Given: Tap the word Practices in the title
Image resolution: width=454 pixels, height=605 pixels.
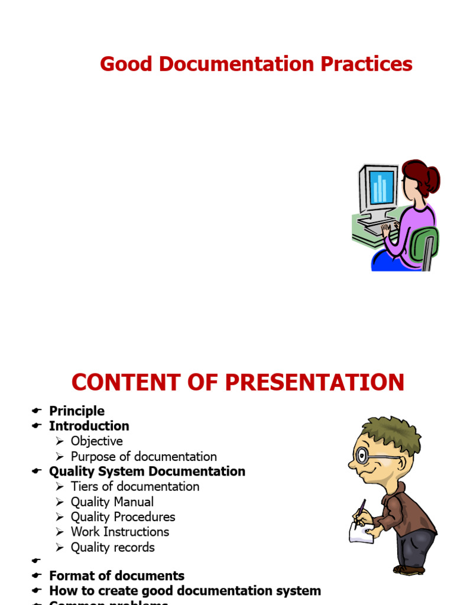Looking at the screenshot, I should pyautogui.click(x=367, y=64).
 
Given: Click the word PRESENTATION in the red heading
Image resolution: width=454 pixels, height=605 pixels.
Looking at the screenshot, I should pyautogui.click(x=314, y=382).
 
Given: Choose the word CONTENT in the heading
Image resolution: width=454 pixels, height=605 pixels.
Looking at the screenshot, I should pyautogui.click(x=122, y=382).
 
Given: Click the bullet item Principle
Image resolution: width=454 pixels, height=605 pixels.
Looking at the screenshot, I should pyautogui.click(x=77, y=411).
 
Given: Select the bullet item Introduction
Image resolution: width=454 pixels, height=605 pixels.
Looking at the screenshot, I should pyautogui.click(x=89, y=426).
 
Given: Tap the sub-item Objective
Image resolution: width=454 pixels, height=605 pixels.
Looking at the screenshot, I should pyautogui.click(x=96, y=441).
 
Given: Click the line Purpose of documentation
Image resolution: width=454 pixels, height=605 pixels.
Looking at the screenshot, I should pyautogui.click(x=144, y=457).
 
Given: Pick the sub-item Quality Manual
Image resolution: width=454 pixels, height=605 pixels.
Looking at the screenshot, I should pyautogui.click(x=112, y=502).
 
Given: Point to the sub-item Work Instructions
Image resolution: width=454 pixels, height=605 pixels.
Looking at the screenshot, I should pyautogui.click(x=119, y=532).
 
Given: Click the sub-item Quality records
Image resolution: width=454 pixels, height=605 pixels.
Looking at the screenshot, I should pyautogui.click(x=112, y=548).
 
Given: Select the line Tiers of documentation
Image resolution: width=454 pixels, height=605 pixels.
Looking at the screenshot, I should pyautogui.click(x=135, y=487).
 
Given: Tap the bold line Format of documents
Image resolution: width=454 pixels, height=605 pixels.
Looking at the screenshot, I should pyautogui.click(x=116, y=575).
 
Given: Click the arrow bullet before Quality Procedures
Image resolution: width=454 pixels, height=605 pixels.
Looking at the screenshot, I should pyautogui.click(x=60, y=517).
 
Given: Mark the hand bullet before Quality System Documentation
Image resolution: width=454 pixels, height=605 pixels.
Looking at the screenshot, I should pyautogui.click(x=37, y=471).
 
